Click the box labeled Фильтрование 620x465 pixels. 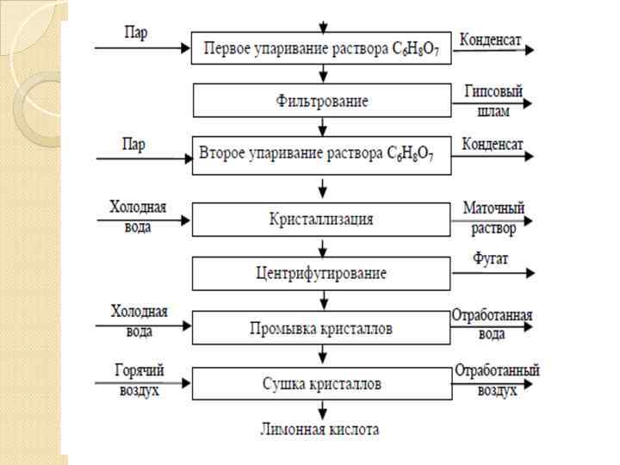322,101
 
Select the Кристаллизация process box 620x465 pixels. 322,219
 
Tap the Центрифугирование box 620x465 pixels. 322,274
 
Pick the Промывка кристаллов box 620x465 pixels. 322,328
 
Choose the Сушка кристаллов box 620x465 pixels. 322,383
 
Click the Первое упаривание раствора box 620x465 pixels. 322,46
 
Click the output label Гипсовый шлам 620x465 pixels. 493,101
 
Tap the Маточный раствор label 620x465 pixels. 493,219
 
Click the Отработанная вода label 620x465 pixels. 493,324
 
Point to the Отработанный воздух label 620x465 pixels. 497,380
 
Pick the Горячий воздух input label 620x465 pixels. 139,380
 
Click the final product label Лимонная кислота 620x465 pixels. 320,428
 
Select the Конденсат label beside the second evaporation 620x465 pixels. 492,144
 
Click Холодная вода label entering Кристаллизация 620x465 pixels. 137,216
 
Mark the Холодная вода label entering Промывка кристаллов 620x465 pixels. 139,319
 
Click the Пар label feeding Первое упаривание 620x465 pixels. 135,34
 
